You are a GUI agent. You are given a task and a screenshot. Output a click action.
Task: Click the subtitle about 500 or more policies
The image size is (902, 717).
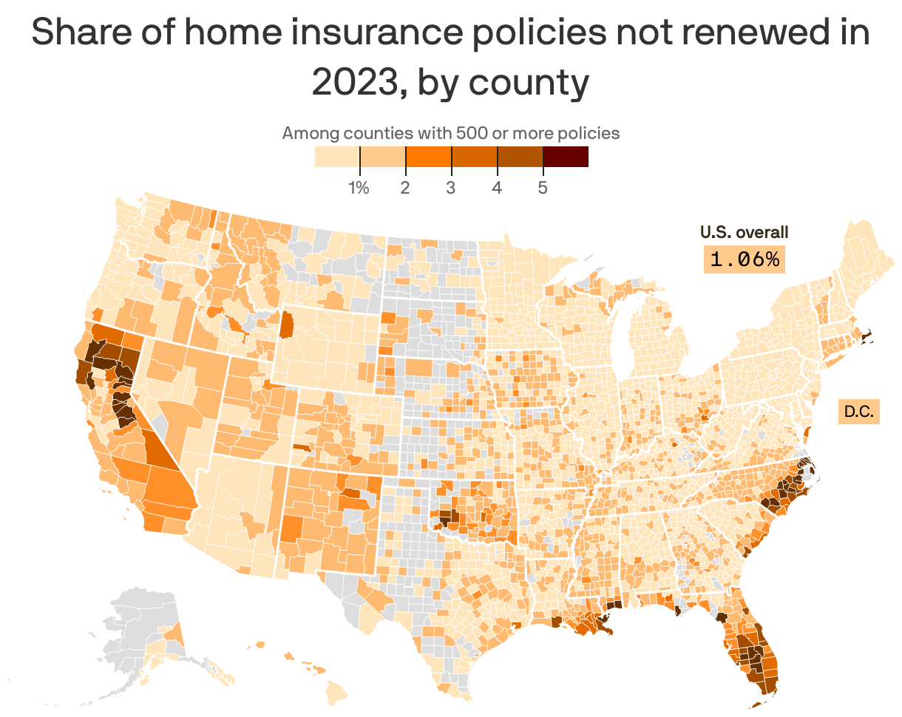(450, 134)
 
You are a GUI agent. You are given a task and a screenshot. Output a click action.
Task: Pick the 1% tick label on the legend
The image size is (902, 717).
(359, 188)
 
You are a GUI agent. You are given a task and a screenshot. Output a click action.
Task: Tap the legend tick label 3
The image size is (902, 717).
(450, 188)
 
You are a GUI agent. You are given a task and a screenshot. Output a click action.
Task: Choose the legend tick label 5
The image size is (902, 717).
(542, 188)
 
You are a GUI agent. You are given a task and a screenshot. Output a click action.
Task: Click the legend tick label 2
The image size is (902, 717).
(404, 188)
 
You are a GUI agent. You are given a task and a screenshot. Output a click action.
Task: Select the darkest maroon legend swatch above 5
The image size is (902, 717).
(566, 157)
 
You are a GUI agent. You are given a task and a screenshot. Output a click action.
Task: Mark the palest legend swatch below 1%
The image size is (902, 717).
(336, 157)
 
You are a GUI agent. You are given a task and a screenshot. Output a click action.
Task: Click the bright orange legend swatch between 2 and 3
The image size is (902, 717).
(428, 157)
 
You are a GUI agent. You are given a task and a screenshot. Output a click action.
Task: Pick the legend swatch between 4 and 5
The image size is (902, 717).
(520, 157)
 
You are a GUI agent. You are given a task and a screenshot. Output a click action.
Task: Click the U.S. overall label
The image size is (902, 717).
(744, 232)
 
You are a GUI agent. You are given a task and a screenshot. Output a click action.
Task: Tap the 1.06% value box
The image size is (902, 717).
(744, 259)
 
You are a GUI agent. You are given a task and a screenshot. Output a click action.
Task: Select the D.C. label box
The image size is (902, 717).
(858, 412)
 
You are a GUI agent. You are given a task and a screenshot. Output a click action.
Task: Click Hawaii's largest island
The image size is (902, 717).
(338, 692)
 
